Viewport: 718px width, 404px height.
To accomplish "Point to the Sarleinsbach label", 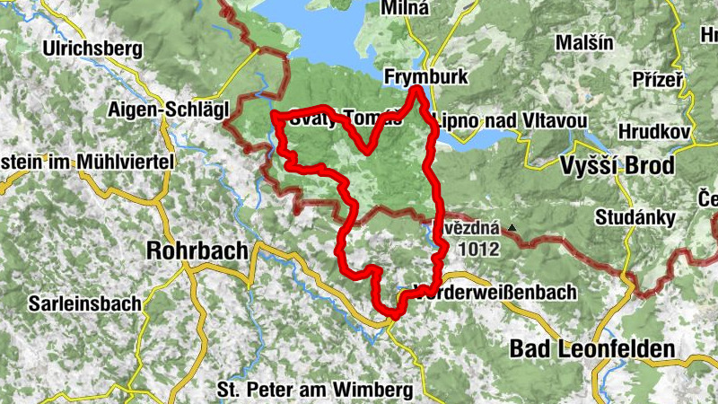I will [84, 303].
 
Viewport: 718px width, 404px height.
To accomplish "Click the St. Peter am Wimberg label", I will [314, 390].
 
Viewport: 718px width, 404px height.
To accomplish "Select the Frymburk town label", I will [425, 77].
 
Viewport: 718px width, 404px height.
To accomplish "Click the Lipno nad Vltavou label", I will [510, 120].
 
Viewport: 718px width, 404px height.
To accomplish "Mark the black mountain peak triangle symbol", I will [512, 228].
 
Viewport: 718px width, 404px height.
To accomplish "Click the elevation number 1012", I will [477, 250].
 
